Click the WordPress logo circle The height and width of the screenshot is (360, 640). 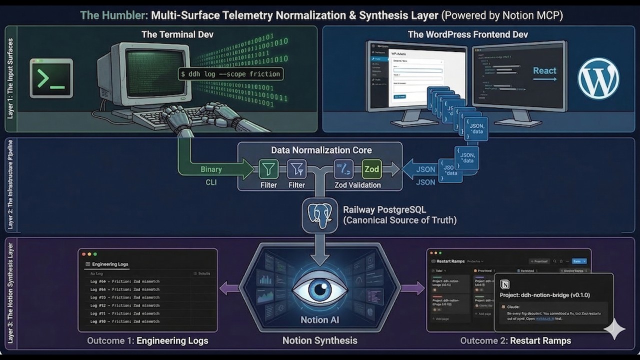click(598, 78)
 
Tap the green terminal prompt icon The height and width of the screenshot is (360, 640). click(51, 78)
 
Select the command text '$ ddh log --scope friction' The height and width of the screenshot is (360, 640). click(230, 74)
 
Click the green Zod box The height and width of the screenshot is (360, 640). click(371, 169)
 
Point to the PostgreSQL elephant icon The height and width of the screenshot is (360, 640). click(320, 214)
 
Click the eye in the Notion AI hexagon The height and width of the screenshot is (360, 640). click(320, 290)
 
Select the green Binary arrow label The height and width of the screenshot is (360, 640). click(211, 169)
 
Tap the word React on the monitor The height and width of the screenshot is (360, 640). click(544, 71)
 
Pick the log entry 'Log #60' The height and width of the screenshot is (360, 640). click(125, 281)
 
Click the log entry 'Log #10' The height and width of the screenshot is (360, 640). click(125, 321)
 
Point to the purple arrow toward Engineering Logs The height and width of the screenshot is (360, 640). click(229, 288)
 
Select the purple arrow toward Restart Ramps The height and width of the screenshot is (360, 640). click(412, 288)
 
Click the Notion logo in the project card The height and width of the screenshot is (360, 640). click(505, 284)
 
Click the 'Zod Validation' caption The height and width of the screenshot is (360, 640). click(357, 185)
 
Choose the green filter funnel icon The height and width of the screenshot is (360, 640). click(268, 169)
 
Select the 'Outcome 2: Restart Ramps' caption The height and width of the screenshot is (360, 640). click(515, 341)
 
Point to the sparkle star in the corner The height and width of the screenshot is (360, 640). click(614, 329)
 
